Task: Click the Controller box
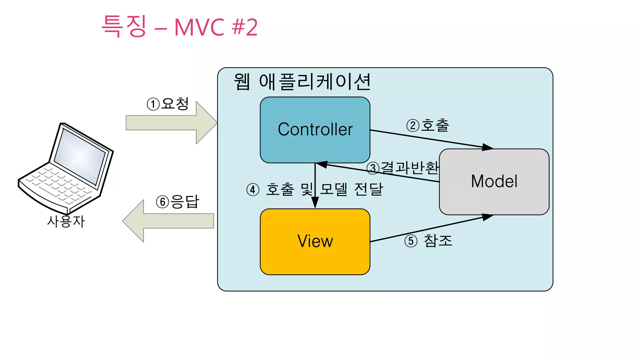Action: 315,130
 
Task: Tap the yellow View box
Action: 315,242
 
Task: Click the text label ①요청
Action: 168,104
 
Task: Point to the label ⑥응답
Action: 177,202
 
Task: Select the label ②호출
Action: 427,125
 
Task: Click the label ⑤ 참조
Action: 428,241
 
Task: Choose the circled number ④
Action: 252,190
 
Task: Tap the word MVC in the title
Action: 199,27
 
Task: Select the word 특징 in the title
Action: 124,26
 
